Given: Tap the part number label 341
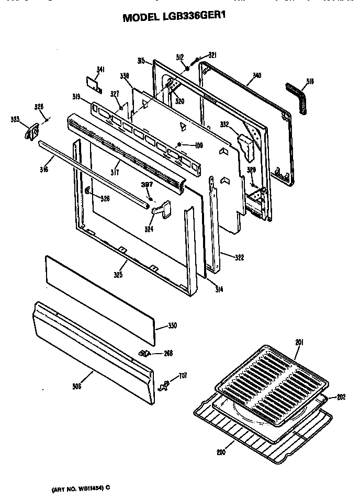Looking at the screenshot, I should click(100, 69).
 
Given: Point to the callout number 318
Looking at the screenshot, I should click(310, 81).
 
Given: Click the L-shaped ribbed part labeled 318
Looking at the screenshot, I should click(297, 96).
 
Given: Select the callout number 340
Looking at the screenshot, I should click(256, 76).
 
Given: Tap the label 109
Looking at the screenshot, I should click(199, 145).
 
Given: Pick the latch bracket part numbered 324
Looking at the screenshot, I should click(161, 209).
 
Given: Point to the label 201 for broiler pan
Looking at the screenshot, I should click(299, 342).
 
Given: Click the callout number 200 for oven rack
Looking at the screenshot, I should click(221, 452).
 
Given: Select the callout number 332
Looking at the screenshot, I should click(224, 124).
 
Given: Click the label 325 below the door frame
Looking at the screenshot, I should click(118, 274).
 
